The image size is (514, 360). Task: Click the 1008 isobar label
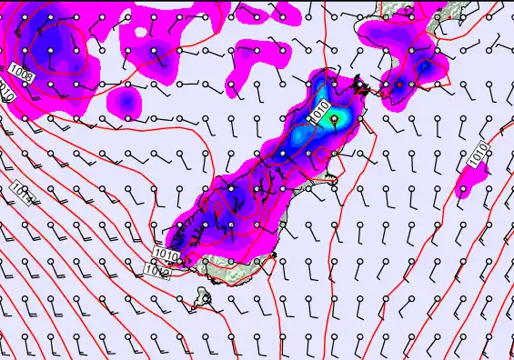[x=22, y=72]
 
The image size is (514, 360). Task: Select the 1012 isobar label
[x=158, y=269]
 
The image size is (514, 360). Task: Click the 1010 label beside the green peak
[x=317, y=112]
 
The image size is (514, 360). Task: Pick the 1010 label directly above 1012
[x=165, y=254]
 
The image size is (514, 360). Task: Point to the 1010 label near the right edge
[x=479, y=155]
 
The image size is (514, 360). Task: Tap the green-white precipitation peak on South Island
[x=334, y=118]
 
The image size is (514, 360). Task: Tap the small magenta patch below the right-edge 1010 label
[x=465, y=190]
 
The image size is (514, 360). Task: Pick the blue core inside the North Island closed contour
[x=424, y=66]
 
